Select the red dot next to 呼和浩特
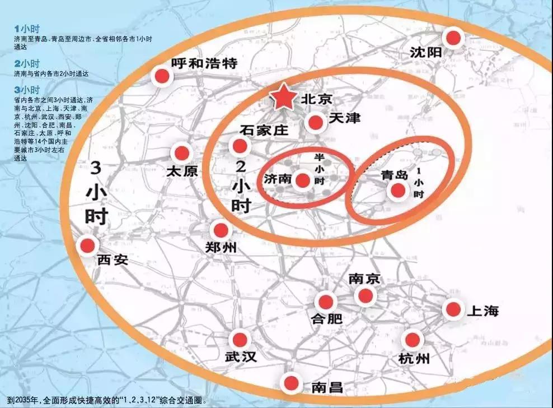[162, 77]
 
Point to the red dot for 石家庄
[240, 146]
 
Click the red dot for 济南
[303, 180]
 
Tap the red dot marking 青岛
[398, 191]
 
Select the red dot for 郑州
[221, 230]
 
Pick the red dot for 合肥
[324, 301]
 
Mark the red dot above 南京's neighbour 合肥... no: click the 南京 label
[364, 279]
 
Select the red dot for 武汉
[240, 339]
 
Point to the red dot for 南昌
[290, 383]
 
